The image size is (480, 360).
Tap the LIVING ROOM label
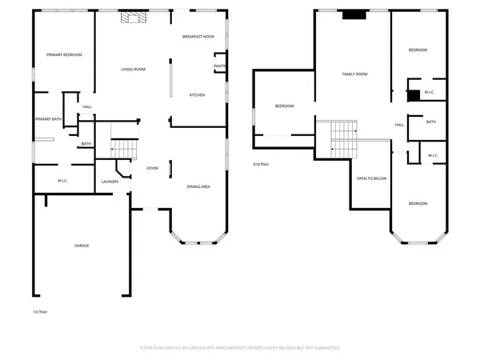133,70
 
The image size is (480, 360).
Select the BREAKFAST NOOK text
198,37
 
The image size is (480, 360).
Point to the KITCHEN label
197,95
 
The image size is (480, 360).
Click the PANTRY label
220,66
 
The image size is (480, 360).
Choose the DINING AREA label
198,186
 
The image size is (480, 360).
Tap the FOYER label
152,168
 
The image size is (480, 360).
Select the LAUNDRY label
110,182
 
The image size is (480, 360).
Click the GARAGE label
82,246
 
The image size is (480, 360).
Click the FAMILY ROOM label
354,74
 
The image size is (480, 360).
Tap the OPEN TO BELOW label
371,178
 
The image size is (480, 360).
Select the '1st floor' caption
40,311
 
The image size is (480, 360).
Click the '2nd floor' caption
261,164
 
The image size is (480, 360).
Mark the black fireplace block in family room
353,14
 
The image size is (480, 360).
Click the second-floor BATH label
430,122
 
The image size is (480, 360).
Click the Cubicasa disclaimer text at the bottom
240,348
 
